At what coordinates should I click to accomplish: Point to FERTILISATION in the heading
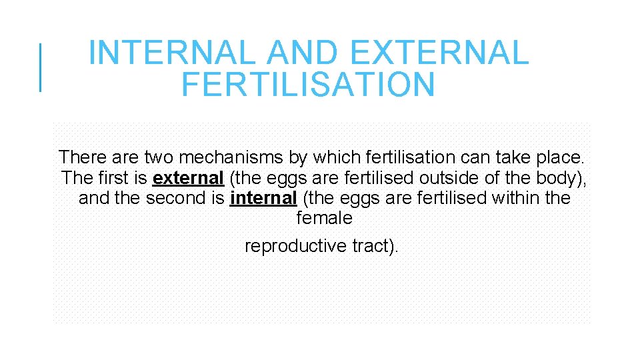tap(307, 85)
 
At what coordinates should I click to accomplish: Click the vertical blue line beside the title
tap(40, 67)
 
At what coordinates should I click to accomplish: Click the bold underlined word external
tap(188, 178)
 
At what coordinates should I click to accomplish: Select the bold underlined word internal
tap(263, 198)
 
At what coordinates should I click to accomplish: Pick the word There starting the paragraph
tap(81, 158)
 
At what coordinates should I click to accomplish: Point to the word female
tap(324, 218)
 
